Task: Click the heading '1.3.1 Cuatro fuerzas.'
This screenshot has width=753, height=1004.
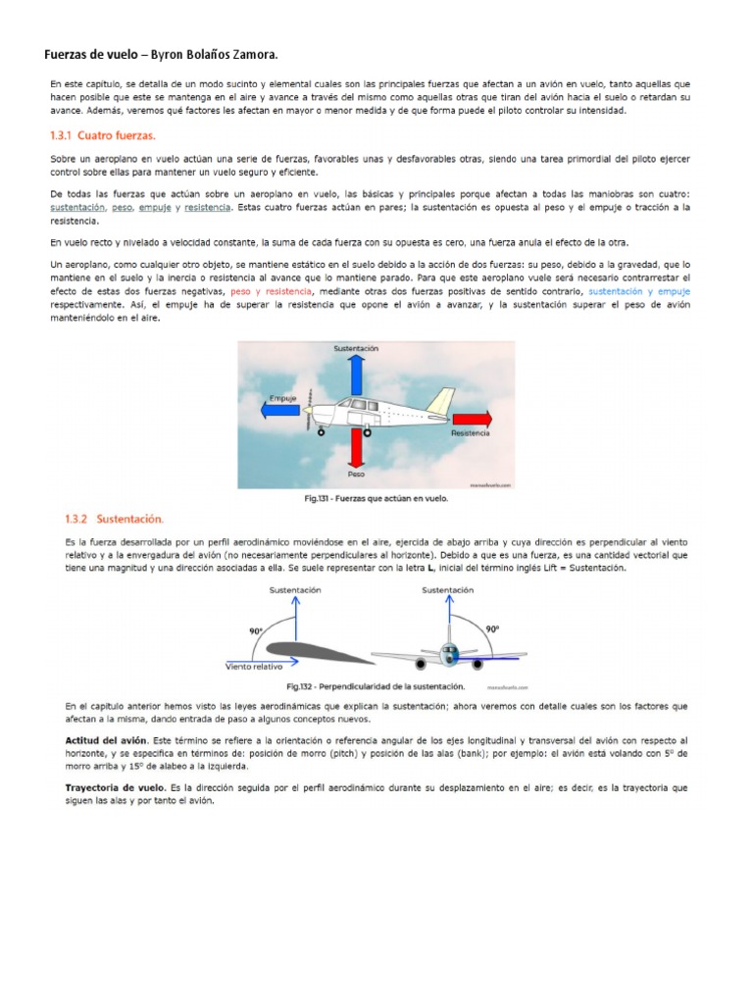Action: [103, 136]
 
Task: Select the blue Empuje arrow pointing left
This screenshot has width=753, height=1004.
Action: [285, 411]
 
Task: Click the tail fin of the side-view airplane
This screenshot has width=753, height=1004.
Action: [441, 401]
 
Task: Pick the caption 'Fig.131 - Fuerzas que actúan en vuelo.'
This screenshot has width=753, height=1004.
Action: [376, 498]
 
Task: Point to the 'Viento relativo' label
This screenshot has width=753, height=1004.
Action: [255, 666]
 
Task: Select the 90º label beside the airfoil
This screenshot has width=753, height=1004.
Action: [257, 632]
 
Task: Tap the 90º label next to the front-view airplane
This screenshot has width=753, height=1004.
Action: [492, 628]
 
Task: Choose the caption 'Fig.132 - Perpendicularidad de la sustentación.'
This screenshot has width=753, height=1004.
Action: [376, 686]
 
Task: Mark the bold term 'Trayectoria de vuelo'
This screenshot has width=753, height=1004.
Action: [115, 787]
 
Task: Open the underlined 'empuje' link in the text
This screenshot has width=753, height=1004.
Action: [155, 208]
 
